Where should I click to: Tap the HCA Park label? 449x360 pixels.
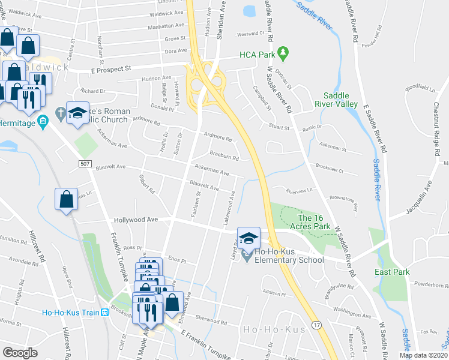tap(257, 55)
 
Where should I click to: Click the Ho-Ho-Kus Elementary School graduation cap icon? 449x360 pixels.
tap(248, 238)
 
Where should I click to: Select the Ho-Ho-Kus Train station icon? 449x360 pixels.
tap(105, 312)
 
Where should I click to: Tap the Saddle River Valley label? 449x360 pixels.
tap(340, 99)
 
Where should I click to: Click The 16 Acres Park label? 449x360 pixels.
tap(313, 222)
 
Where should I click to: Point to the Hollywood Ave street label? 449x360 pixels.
tap(136, 220)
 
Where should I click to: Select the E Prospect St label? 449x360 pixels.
tap(110, 69)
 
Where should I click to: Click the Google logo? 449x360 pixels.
tap(20, 353)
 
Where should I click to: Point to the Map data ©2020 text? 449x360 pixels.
tap(423, 355)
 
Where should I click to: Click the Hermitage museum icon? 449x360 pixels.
tap(42, 123)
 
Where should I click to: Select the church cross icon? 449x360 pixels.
tap(59, 112)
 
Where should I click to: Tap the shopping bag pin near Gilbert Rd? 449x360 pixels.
tap(66, 199)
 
